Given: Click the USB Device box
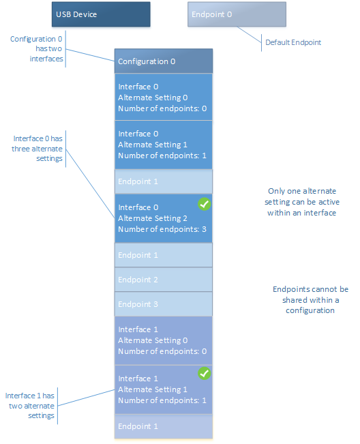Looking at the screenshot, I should coord(101,14).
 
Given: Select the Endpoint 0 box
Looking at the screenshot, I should coord(237,14).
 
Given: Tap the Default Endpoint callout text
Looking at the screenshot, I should coord(293,42).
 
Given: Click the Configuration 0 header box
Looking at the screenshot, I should coord(164,61).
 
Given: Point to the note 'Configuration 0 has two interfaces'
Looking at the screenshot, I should coord(37,49).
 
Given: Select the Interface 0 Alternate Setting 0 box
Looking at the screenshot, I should coord(164,98).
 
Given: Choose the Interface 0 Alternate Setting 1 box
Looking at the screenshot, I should coord(164,145).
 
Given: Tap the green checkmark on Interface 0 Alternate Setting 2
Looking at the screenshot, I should coord(204,204).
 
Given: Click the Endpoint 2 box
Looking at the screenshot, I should coord(164,280).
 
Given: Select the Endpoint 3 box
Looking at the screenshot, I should coord(164,304).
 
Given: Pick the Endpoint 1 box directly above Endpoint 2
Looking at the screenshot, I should coord(164,255).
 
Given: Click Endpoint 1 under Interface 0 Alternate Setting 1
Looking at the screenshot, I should coord(164,181).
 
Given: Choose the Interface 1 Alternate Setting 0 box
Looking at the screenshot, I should coord(164,340).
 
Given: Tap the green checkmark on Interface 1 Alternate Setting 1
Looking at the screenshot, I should coord(204,373).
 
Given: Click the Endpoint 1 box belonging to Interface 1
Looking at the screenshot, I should coord(164,426).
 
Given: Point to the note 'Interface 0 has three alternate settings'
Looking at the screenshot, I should coord(37,148).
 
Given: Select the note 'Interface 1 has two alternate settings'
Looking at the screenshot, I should coord(30,405).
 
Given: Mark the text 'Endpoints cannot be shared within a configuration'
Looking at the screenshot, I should coord(310,299).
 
